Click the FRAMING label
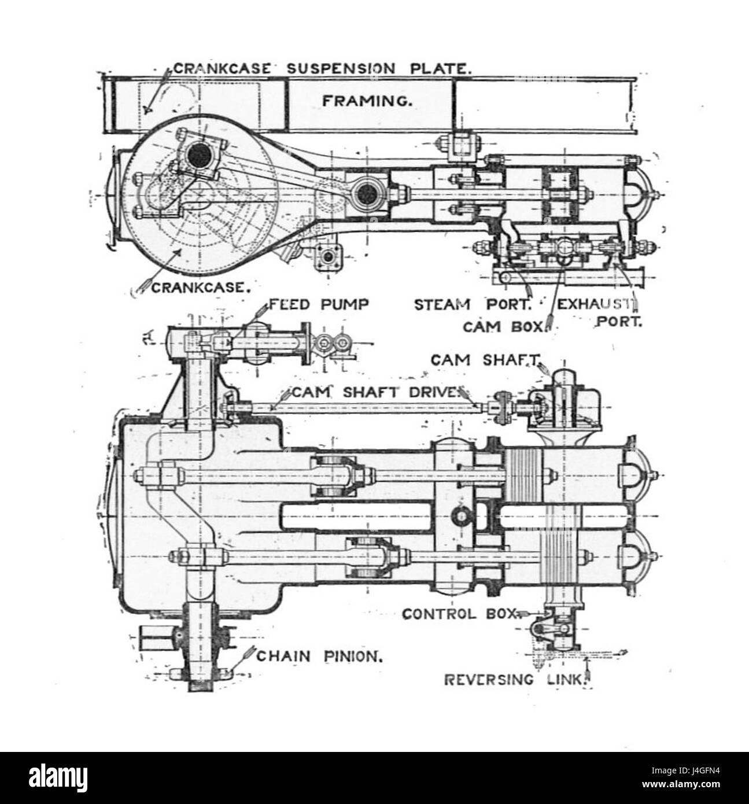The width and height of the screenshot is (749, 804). tap(367, 101)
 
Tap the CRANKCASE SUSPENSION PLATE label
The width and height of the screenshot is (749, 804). tap(322, 69)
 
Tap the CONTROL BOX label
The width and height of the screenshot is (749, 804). tap(459, 614)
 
